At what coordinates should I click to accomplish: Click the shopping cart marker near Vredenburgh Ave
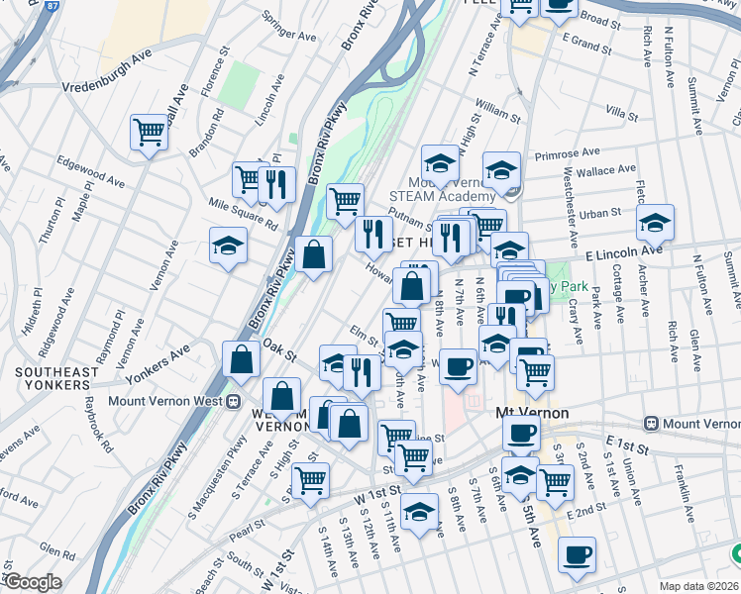point(149,131)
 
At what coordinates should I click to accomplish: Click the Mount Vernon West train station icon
point(235,403)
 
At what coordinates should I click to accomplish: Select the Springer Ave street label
point(288,29)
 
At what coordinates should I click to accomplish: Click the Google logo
point(32,582)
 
